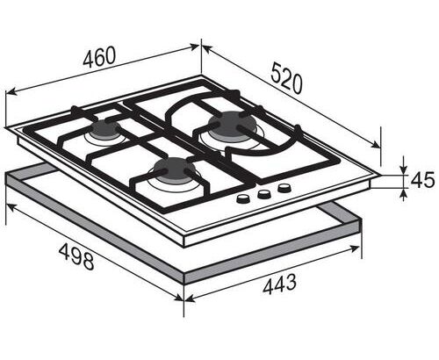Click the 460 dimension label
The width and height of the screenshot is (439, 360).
tap(99, 57)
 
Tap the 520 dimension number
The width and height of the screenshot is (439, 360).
tap(286, 78)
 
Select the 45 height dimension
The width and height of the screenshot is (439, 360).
tap(422, 180)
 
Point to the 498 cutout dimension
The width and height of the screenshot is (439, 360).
tap(76, 256)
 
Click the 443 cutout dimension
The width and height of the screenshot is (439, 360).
tap(279, 284)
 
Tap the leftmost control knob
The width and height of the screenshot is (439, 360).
tap(242, 198)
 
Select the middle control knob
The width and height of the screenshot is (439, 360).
tap(263, 193)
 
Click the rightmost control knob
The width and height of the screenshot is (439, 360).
tap(284, 188)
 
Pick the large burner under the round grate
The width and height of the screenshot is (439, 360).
tap(233, 125)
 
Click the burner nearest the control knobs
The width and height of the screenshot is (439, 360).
tap(175, 171)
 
